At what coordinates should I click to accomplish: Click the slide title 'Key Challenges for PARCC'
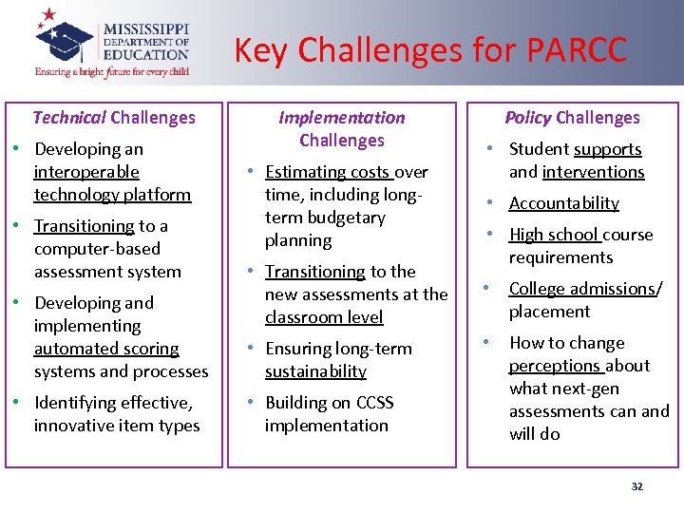[430, 49]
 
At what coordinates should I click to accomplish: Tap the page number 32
[636, 486]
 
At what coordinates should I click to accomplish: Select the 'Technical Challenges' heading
[114, 118]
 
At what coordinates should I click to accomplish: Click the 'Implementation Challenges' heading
[342, 129]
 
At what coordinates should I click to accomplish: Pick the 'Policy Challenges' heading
[572, 118]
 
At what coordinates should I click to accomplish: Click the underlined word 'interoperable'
[86, 172]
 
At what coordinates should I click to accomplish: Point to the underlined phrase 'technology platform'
[112, 195]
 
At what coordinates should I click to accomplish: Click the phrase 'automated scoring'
[106, 349]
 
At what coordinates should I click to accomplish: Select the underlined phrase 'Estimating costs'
[328, 172]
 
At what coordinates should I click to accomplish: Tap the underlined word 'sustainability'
[315, 371]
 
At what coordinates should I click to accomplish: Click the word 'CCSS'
[371, 403]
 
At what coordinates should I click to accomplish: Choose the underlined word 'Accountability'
[563, 203]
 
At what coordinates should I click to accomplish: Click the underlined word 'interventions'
[593, 172]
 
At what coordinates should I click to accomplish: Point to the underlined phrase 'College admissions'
[582, 289]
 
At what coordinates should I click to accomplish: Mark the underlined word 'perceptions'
[555, 366]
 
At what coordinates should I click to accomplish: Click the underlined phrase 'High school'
[553, 235]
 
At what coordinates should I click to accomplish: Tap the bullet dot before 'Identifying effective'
[19, 403]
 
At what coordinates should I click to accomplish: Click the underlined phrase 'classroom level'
[324, 317]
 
